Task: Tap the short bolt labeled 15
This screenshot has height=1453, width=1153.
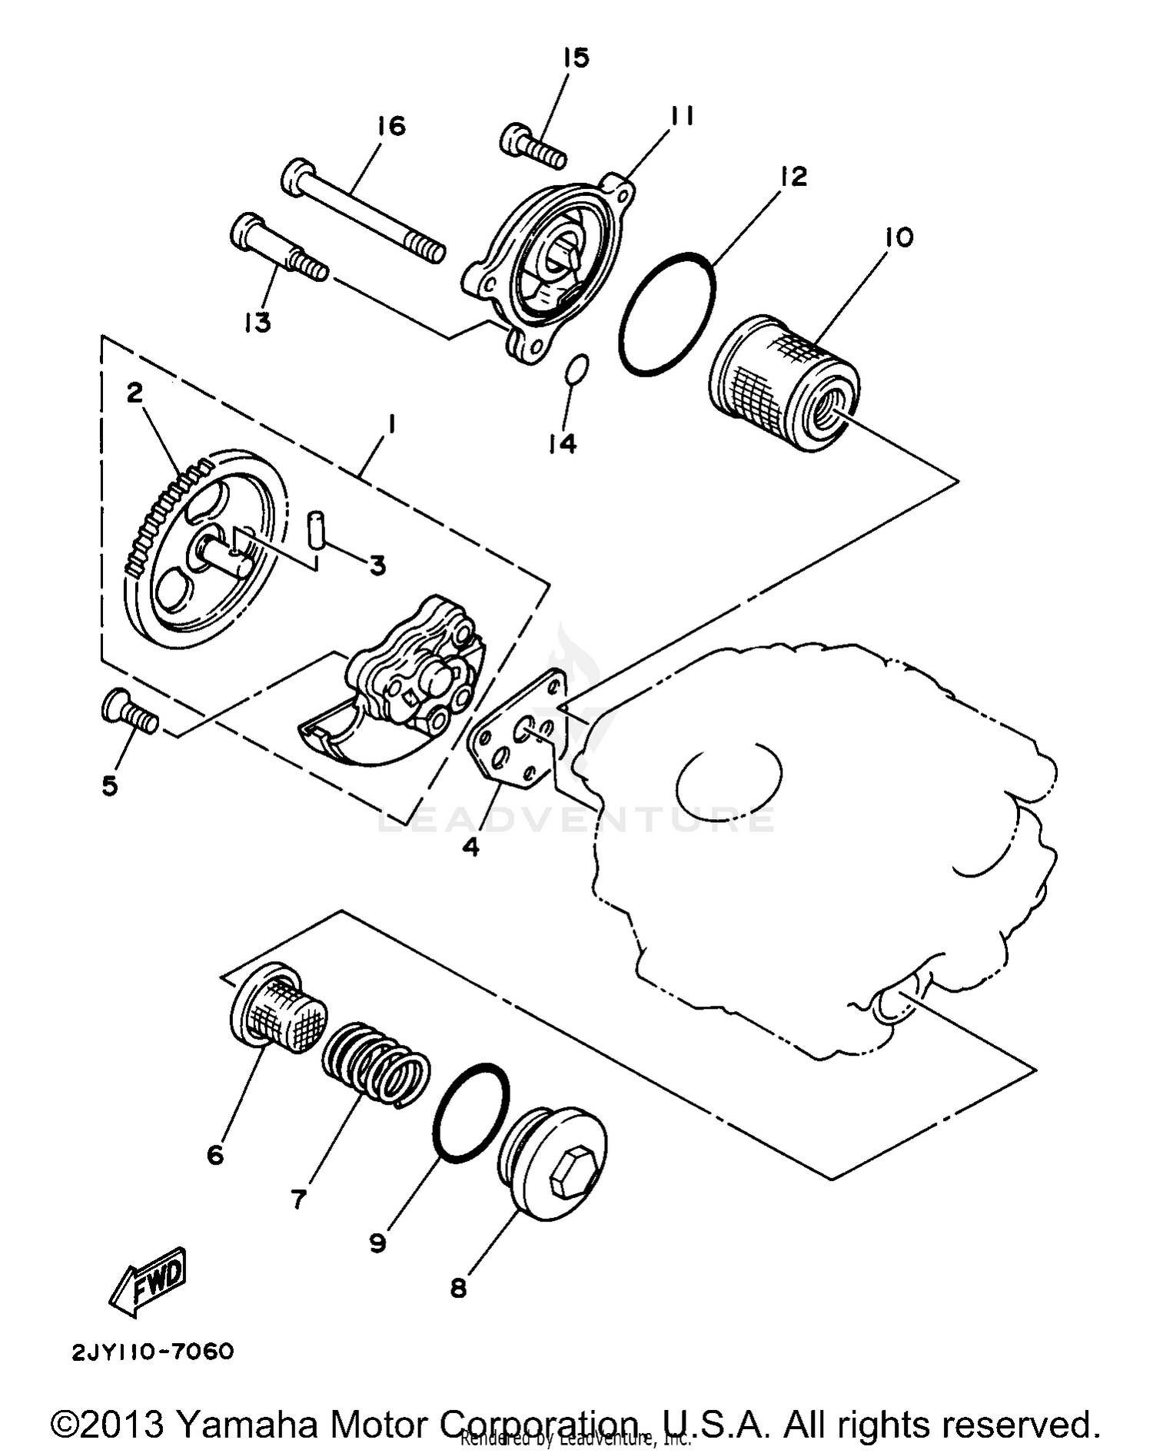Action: (x=533, y=148)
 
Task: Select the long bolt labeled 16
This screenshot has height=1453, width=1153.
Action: (x=361, y=209)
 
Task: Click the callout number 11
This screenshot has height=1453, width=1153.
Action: (x=681, y=115)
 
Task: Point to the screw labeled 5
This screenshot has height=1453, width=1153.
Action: (x=129, y=711)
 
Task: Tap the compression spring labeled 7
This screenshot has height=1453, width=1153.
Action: (x=376, y=1065)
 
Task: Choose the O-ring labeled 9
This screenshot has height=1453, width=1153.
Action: (x=470, y=1110)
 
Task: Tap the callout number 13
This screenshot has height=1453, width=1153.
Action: (x=258, y=323)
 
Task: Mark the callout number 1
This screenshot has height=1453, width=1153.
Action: (x=392, y=423)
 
